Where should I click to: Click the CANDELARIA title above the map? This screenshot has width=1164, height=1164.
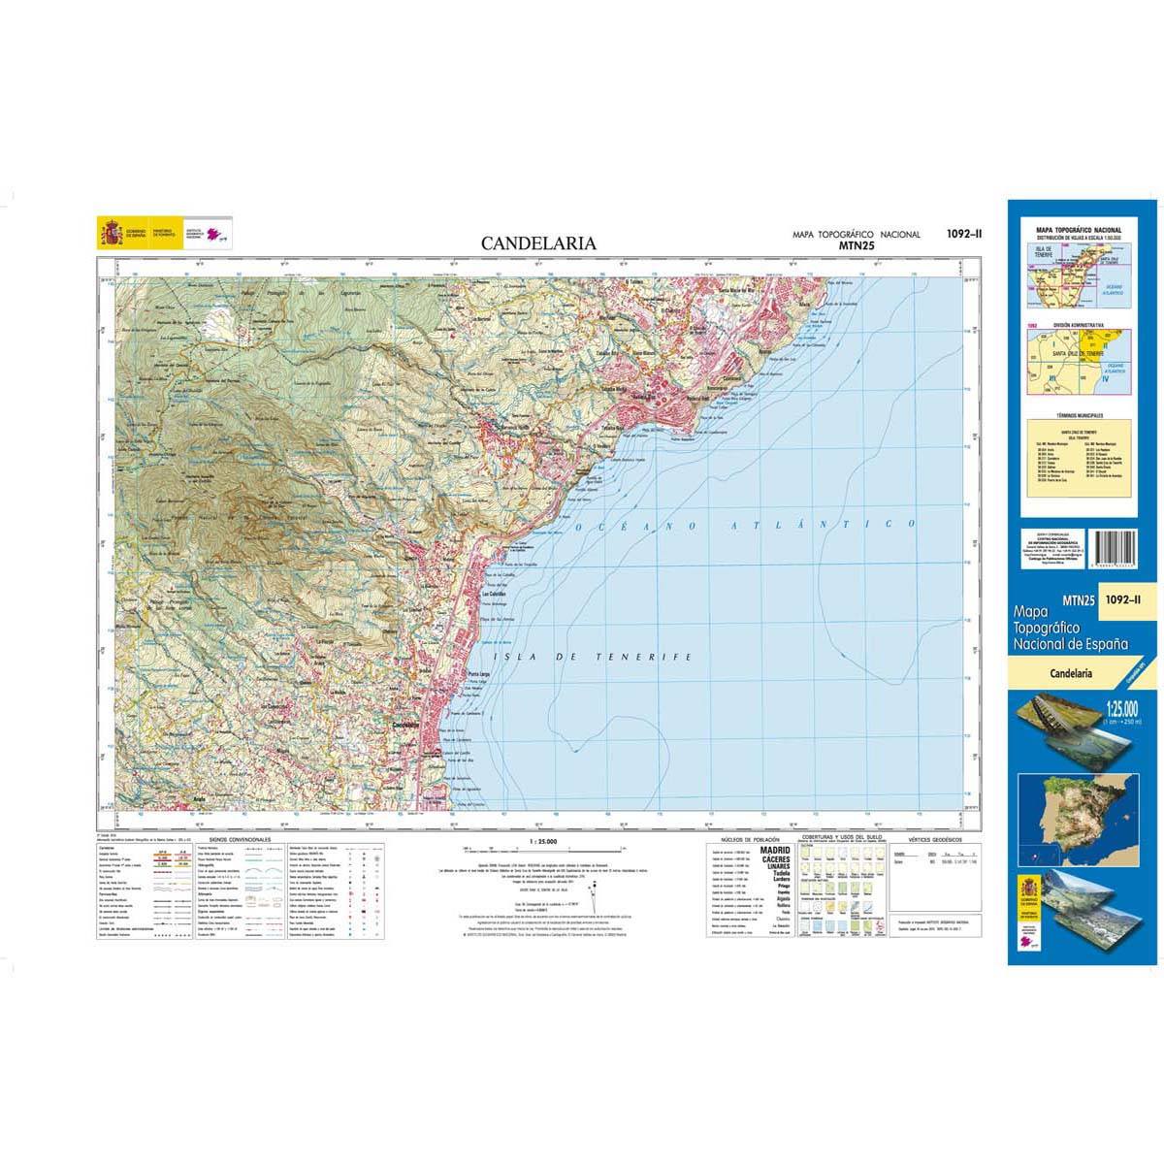pos(538,244)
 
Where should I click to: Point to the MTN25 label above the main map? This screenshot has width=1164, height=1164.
pos(855,246)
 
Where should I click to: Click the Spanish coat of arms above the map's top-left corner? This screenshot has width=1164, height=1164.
pos(110,234)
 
